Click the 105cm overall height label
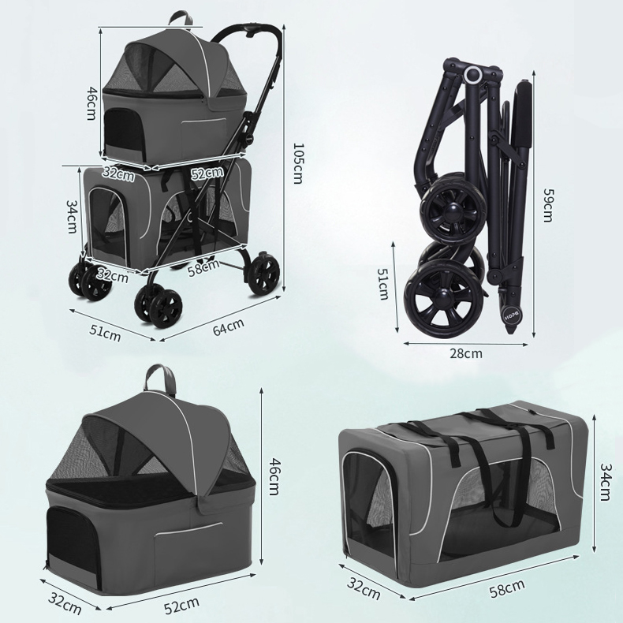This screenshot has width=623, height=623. click(x=297, y=162)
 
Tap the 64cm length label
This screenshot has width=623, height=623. click(x=228, y=325)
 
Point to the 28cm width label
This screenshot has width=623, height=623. click(x=466, y=353)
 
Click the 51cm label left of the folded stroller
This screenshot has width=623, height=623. click(x=383, y=284)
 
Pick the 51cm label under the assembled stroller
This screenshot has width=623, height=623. click(x=105, y=331)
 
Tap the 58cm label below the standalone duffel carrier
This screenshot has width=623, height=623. click(x=506, y=587)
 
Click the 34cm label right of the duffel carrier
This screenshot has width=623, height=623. click(x=603, y=481)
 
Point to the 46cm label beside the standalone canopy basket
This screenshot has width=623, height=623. click(x=274, y=476)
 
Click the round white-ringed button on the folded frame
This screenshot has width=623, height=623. click(x=474, y=76)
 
